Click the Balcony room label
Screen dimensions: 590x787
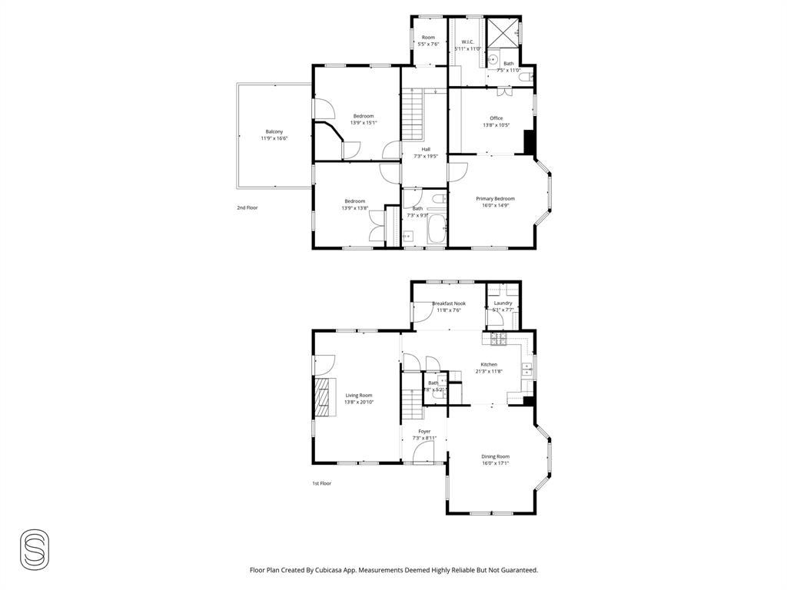274,131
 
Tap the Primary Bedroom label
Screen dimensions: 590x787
495,198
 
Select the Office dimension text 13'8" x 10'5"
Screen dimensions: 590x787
496,125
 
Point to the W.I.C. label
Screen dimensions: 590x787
467,41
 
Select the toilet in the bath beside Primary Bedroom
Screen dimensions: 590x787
437,199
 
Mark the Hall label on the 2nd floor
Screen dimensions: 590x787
426,149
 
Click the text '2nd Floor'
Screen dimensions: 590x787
247,207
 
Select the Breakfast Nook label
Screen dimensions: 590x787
450,303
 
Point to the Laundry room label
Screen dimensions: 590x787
503,303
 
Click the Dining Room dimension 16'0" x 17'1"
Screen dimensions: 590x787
496,463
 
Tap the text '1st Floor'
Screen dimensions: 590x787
321,483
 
